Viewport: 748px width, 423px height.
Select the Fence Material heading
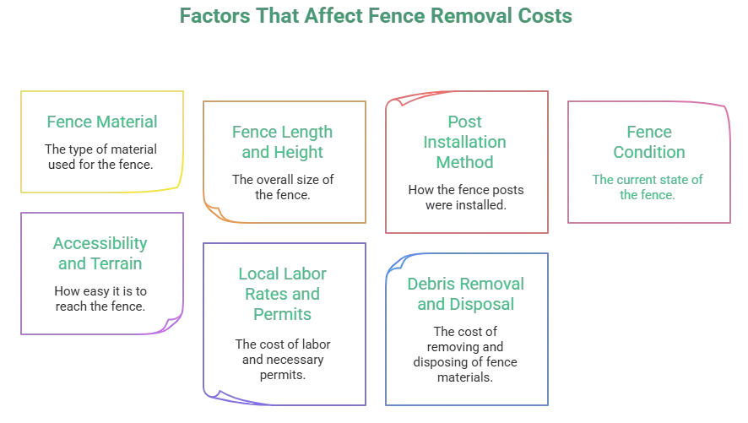click(x=102, y=122)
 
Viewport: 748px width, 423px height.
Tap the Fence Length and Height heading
click(x=282, y=143)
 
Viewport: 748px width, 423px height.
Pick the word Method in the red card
click(x=463, y=162)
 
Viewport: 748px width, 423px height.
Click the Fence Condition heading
click(x=648, y=143)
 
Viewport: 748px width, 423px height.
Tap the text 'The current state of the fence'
click(x=648, y=186)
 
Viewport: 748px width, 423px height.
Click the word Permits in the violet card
click(x=282, y=315)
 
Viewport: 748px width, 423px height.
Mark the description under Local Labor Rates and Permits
click(x=282, y=360)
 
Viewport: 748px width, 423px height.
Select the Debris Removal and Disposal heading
click(x=465, y=293)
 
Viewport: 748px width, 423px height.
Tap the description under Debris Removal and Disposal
click(x=465, y=353)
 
